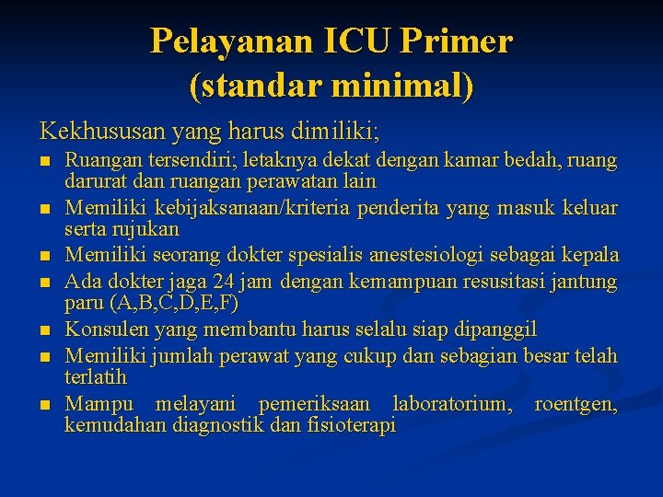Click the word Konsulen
[106, 329]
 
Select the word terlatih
[95, 377]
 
